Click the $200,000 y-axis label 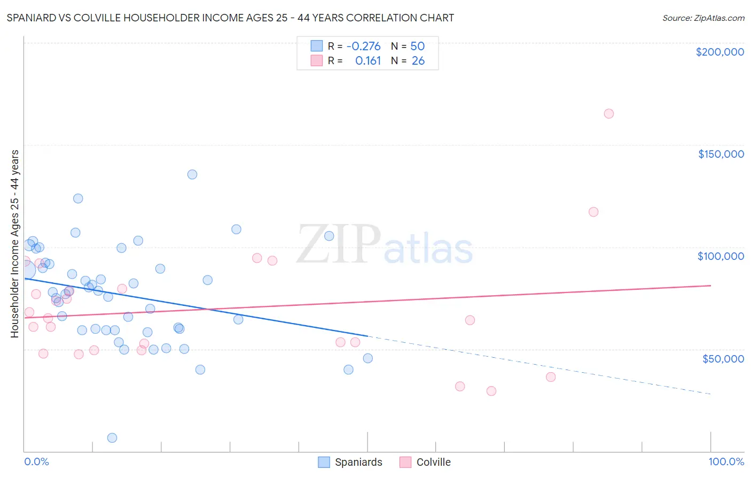point(719,52)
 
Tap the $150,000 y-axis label point(721,154)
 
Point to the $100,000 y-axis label point(721,256)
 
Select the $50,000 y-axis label point(723,358)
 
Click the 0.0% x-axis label point(36,461)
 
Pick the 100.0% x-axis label point(726,461)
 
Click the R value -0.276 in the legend point(363,46)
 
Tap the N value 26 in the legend point(418,61)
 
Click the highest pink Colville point point(608,113)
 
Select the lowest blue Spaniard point point(112,437)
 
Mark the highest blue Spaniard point point(192,174)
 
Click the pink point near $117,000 point(593,212)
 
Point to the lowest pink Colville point point(491,391)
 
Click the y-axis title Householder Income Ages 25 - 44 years point(14,244)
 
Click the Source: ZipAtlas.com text point(703,18)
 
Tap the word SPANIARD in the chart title point(32,18)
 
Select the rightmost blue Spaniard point point(367,358)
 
